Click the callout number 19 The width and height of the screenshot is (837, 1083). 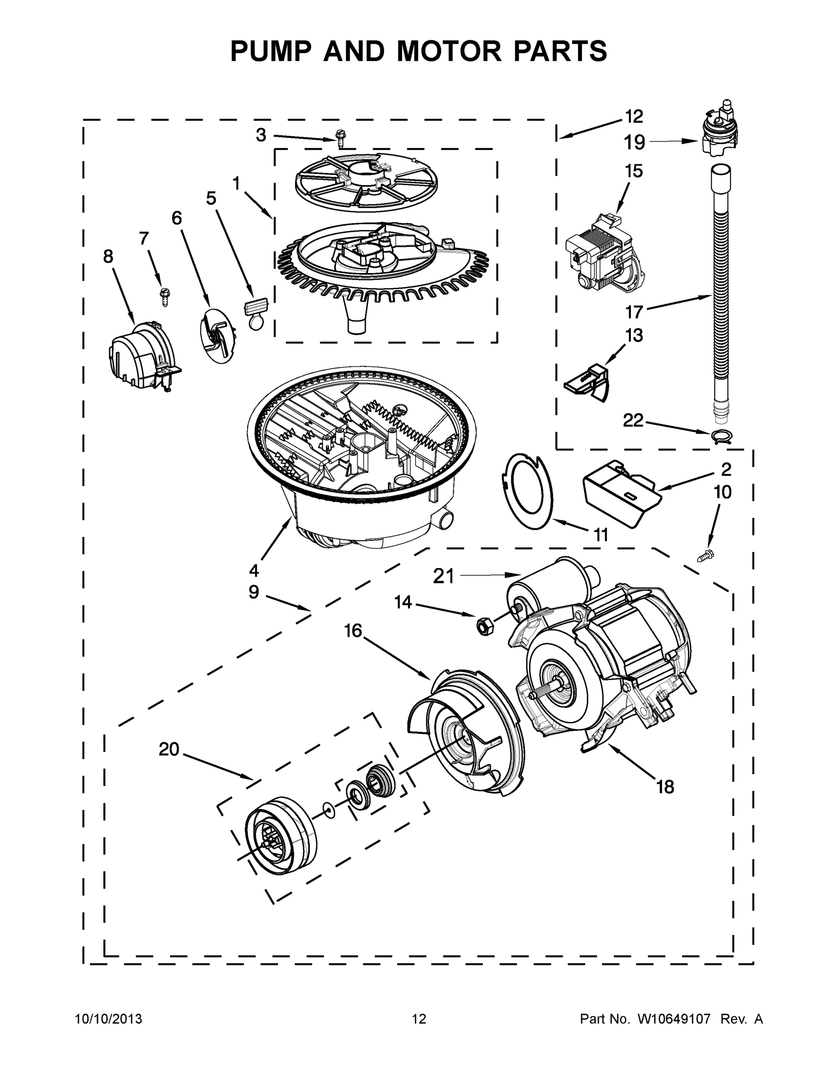click(634, 142)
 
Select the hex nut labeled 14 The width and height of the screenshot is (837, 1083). click(482, 626)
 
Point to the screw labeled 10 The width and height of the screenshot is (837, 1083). click(704, 557)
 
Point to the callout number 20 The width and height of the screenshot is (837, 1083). click(169, 749)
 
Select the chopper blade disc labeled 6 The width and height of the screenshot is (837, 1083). click(217, 335)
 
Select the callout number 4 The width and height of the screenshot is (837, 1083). click(254, 571)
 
